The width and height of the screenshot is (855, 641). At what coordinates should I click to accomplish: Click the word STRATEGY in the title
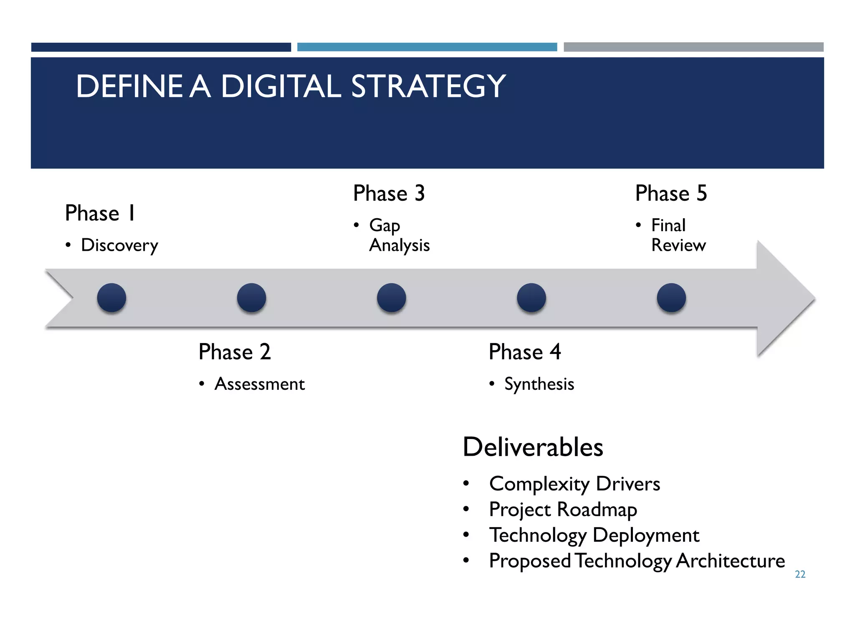pyautogui.click(x=428, y=86)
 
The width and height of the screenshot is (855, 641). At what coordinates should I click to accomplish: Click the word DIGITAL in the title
pyautogui.click(x=281, y=86)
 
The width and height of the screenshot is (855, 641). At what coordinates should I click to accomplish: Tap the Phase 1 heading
pyautogui.click(x=100, y=213)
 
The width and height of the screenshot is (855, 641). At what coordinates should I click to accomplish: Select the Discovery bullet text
pyautogui.click(x=119, y=245)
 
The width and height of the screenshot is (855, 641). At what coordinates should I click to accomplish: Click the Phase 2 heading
pyautogui.click(x=235, y=352)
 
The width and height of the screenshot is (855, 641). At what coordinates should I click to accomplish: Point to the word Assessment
pyautogui.click(x=259, y=384)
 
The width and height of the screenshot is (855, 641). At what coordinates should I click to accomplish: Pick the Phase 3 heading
pyautogui.click(x=389, y=194)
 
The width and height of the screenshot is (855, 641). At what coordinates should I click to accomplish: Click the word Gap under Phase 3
pyautogui.click(x=384, y=226)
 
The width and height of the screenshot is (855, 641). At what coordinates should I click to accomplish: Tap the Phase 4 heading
pyautogui.click(x=524, y=352)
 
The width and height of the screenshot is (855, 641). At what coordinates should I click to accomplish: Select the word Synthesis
pyautogui.click(x=539, y=384)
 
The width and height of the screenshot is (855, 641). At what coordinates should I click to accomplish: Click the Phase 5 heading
pyautogui.click(x=671, y=194)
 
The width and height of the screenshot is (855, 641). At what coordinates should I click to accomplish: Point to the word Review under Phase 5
pyautogui.click(x=678, y=245)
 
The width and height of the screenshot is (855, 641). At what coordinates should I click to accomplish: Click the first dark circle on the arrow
pyautogui.click(x=111, y=298)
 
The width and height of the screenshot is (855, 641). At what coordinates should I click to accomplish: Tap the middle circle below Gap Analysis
pyautogui.click(x=391, y=298)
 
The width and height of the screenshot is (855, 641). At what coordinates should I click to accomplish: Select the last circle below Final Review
pyautogui.click(x=671, y=298)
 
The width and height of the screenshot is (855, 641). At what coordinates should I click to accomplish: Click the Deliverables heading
pyautogui.click(x=533, y=447)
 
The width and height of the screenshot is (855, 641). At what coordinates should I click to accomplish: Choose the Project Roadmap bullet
pyautogui.click(x=563, y=510)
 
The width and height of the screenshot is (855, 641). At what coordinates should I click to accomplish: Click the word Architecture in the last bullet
pyautogui.click(x=730, y=560)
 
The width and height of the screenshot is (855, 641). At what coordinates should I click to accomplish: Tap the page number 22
pyautogui.click(x=800, y=574)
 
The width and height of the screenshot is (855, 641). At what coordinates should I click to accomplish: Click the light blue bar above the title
pyautogui.click(x=427, y=47)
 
